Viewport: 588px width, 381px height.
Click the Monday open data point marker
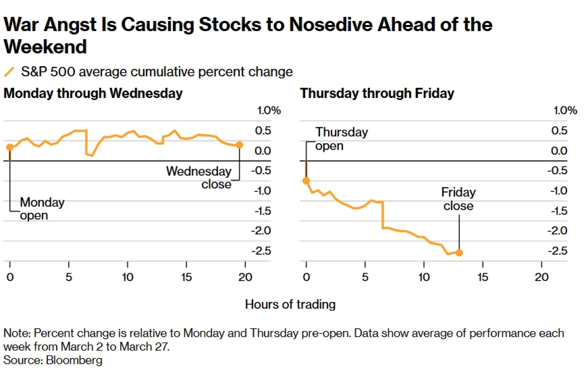[10, 147]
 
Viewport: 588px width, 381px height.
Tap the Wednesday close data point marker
[239, 145]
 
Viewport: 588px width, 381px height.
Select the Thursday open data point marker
[306, 181]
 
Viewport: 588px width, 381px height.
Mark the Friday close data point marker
[459, 252]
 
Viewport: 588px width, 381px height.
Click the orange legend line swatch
[9, 72]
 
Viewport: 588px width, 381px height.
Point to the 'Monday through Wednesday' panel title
[93, 94]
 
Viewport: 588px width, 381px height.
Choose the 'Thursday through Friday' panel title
[377, 94]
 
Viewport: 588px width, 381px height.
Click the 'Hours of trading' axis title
[290, 305]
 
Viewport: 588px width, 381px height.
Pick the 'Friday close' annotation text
[458, 199]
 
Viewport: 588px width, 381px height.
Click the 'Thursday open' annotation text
[341, 139]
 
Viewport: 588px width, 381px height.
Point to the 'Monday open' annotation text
[42, 209]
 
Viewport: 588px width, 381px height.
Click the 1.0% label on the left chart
[269, 111]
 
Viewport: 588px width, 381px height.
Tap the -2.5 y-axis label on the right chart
[557, 251]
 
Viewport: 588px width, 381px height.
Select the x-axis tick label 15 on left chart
[186, 277]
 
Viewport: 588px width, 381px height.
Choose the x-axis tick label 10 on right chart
[424, 277]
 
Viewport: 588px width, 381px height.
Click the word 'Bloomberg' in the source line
[74, 360]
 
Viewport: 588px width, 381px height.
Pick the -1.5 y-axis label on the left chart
[263, 211]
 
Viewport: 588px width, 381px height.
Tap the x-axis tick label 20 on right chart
[541, 277]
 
